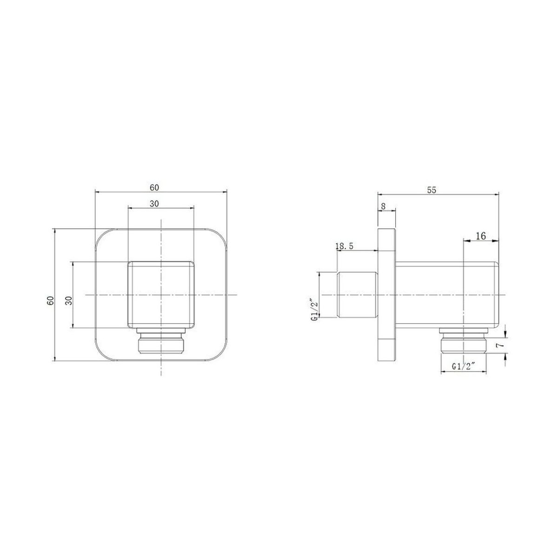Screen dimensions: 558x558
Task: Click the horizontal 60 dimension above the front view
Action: pyautogui.click(x=154, y=188)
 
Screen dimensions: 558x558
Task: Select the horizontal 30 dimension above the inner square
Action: pyautogui.click(x=154, y=204)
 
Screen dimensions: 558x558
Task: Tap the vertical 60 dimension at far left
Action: pyautogui.click(x=51, y=301)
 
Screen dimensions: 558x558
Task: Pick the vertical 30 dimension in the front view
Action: pyautogui.click(x=69, y=301)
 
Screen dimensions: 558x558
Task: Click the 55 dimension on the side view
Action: pyautogui.click(x=432, y=190)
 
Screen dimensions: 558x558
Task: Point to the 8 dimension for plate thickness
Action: pyautogui.click(x=383, y=206)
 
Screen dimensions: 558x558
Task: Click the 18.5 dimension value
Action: pyautogui.click(x=344, y=246)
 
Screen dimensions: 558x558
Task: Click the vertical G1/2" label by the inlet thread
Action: pyautogui.click(x=314, y=309)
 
